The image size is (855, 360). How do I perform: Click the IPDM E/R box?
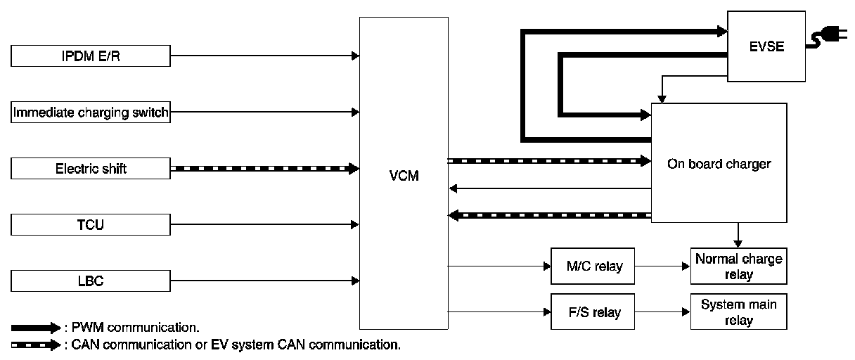click(x=91, y=56)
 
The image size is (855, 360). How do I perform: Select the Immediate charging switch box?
click(x=91, y=112)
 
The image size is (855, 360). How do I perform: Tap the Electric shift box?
click(x=91, y=169)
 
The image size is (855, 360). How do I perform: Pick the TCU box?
click(x=91, y=225)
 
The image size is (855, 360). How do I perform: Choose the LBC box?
click(x=91, y=281)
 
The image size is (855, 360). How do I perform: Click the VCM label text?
click(x=404, y=176)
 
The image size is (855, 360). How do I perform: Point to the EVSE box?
click(x=766, y=46)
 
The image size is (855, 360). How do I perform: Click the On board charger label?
click(x=719, y=164)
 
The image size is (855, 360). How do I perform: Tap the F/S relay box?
click(x=591, y=311)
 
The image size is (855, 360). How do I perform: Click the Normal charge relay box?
click(x=738, y=266)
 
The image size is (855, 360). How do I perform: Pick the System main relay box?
click(x=738, y=311)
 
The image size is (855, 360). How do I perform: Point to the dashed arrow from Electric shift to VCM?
click(x=264, y=169)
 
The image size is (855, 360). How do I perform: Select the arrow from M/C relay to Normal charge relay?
click(x=662, y=266)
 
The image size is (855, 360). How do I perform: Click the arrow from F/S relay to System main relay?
click(x=662, y=311)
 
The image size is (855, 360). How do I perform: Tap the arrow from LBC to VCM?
click(x=264, y=281)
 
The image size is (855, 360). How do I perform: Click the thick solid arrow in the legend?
click(x=37, y=328)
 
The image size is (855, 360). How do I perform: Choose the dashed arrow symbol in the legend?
click(x=37, y=345)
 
